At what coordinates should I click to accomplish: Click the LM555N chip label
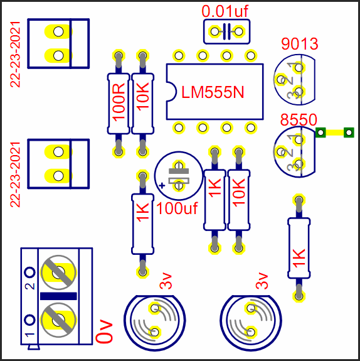click(x=213, y=92)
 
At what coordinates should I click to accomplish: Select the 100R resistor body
click(x=119, y=104)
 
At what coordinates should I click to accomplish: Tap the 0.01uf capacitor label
click(x=225, y=11)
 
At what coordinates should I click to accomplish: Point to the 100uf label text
click(x=177, y=208)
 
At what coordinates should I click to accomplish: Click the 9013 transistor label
click(x=300, y=44)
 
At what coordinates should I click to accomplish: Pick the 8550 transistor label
click(x=299, y=119)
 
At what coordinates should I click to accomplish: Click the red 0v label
click(x=104, y=331)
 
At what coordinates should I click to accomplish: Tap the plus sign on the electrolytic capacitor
click(x=162, y=185)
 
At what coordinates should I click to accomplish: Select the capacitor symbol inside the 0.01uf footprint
click(x=227, y=31)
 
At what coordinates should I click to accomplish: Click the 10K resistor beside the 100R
click(x=142, y=104)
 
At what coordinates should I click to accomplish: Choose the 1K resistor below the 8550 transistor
click(x=299, y=248)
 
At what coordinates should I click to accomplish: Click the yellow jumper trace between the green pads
click(x=335, y=132)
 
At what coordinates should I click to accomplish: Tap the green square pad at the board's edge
click(x=349, y=132)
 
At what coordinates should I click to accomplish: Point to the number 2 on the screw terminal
click(x=30, y=286)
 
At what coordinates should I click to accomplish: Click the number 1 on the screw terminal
click(x=30, y=335)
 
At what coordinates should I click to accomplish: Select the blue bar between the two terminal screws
click(x=58, y=296)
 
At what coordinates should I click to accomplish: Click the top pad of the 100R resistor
click(x=119, y=56)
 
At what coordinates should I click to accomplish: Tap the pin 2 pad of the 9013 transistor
click(x=280, y=80)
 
